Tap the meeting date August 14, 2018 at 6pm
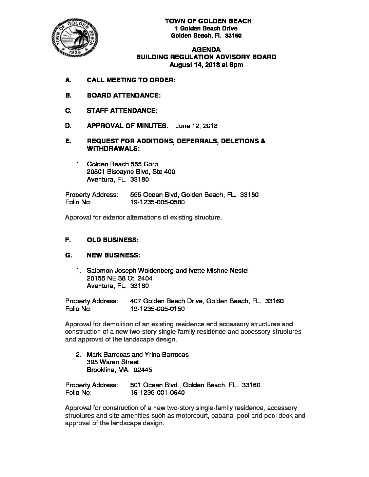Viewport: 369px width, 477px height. (x=206, y=65)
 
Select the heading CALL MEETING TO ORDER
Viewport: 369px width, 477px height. (x=131, y=80)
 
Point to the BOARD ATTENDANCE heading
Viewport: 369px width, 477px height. (x=123, y=96)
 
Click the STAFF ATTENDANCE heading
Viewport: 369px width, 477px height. (x=122, y=111)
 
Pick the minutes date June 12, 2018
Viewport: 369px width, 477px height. (x=196, y=126)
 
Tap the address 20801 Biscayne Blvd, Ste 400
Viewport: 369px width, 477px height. (x=131, y=172)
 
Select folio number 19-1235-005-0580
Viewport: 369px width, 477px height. (x=157, y=202)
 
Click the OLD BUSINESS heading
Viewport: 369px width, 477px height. (x=113, y=240)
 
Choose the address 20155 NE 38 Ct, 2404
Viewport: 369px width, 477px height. (x=119, y=278)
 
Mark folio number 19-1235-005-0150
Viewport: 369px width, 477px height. (x=157, y=309)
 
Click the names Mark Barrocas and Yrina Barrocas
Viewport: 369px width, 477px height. (x=138, y=355)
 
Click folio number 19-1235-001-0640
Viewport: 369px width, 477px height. (x=157, y=393)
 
